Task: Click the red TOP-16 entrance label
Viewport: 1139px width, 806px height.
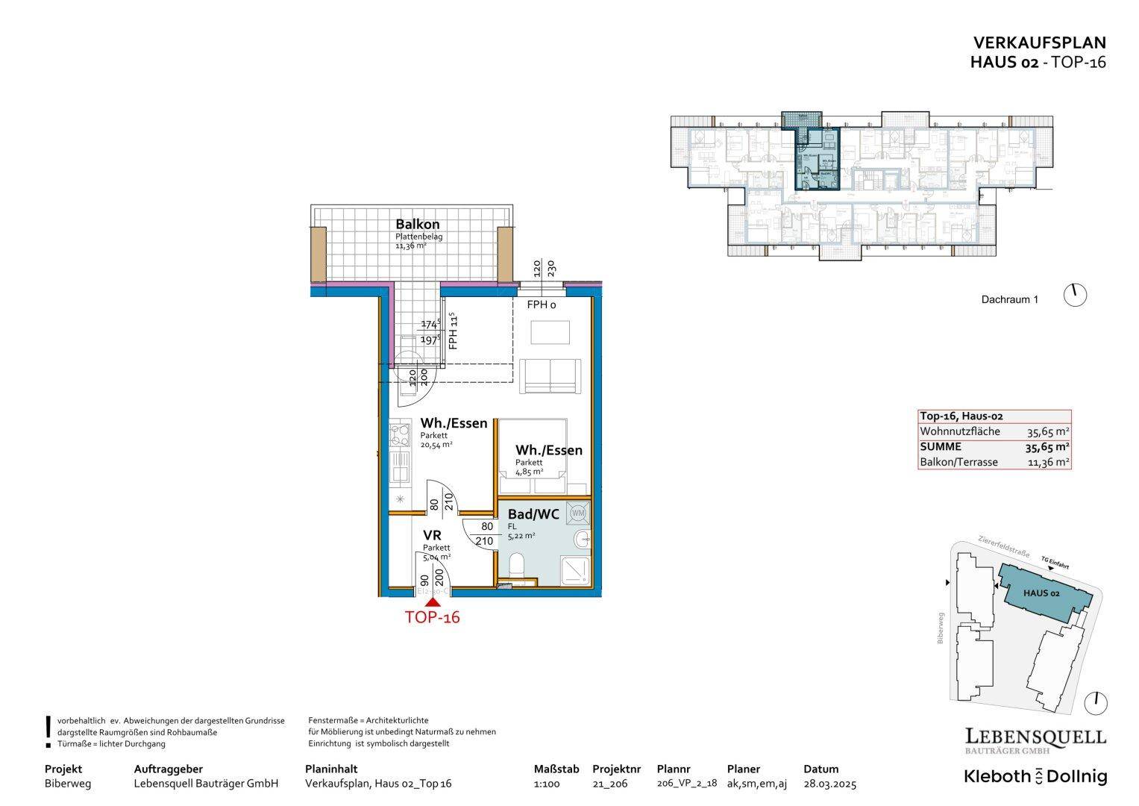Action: click(x=432, y=617)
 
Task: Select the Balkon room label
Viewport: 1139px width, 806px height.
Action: click(x=417, y=224)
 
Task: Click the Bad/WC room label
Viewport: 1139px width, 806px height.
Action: click(x=533, y=514)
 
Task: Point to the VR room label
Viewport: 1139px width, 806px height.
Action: click(x=432, y=535)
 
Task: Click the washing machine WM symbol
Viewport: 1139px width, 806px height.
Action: click(x=577, y=513)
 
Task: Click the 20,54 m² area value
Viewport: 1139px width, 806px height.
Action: click(x=436, y=445)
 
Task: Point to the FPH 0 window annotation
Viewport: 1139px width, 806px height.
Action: click(x=542, y=305)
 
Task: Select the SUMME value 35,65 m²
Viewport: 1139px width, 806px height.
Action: click(x=1048, y=447)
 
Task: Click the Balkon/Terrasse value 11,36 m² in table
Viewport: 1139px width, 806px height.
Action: click(x=1048, y=463)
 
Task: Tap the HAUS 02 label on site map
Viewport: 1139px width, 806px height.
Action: click(x=1041, y=593)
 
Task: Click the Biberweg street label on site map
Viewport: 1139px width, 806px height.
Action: click(x=941, y=628)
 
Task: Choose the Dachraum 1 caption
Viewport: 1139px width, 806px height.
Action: click(x=1009, y=300)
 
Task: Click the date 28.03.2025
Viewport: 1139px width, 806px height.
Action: click(x=829, y=784)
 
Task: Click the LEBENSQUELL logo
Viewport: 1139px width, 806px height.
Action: click(x=1035, y=738)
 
